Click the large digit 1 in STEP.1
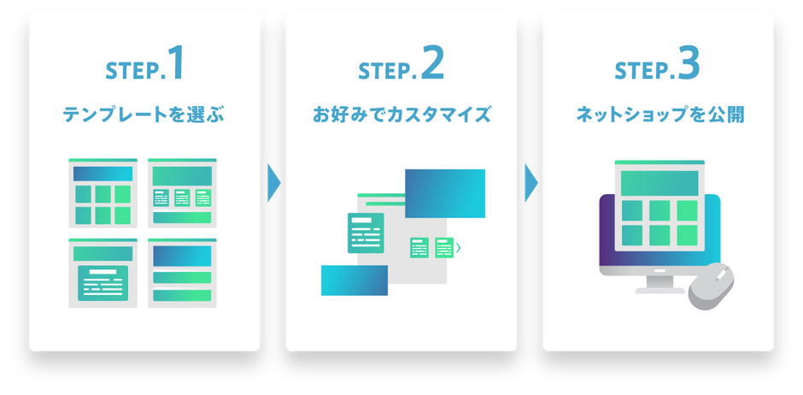[x=176, y=63]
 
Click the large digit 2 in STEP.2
[x=433, y=63]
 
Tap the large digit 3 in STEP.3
[x=689, y=63]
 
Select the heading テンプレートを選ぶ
[x=144, y=115]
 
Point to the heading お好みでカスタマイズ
[x=401, y=115]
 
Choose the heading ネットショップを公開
[x=659, y=115]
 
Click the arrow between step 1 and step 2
[x=274, y=183]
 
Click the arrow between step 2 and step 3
[x=531, y=183]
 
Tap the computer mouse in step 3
[x=711, y=286]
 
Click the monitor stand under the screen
[x=660, y=285]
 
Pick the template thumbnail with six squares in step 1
[x=103, y=192]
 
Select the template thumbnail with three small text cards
[x=182, y=192]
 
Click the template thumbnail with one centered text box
[x=103, y=273]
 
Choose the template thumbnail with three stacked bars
[x=182, y=273]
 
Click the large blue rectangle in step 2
[x=445, y=194]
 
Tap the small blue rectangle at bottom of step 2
[x=355, y=280]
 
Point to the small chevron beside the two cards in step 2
[x=459, y=248]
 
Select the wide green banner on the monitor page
[x=659, y=183]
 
